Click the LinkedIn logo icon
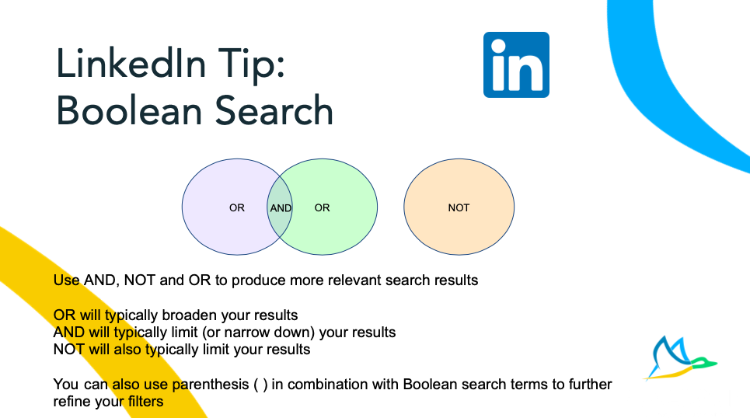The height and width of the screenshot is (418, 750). coord(516,64)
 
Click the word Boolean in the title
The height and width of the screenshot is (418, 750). coord(129,110)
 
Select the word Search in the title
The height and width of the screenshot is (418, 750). coord(274,110)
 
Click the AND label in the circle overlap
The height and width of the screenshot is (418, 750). coord(281,208)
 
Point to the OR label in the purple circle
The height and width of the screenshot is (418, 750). coord(237,207)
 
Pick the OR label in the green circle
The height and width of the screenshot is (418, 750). coord(322,207)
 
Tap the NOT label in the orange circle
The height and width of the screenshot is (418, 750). coord(459,207)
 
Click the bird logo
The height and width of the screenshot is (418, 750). coord(680,357)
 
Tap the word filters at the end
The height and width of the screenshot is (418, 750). coord(145,402)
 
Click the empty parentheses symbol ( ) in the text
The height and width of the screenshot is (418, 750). coord(260,385)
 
